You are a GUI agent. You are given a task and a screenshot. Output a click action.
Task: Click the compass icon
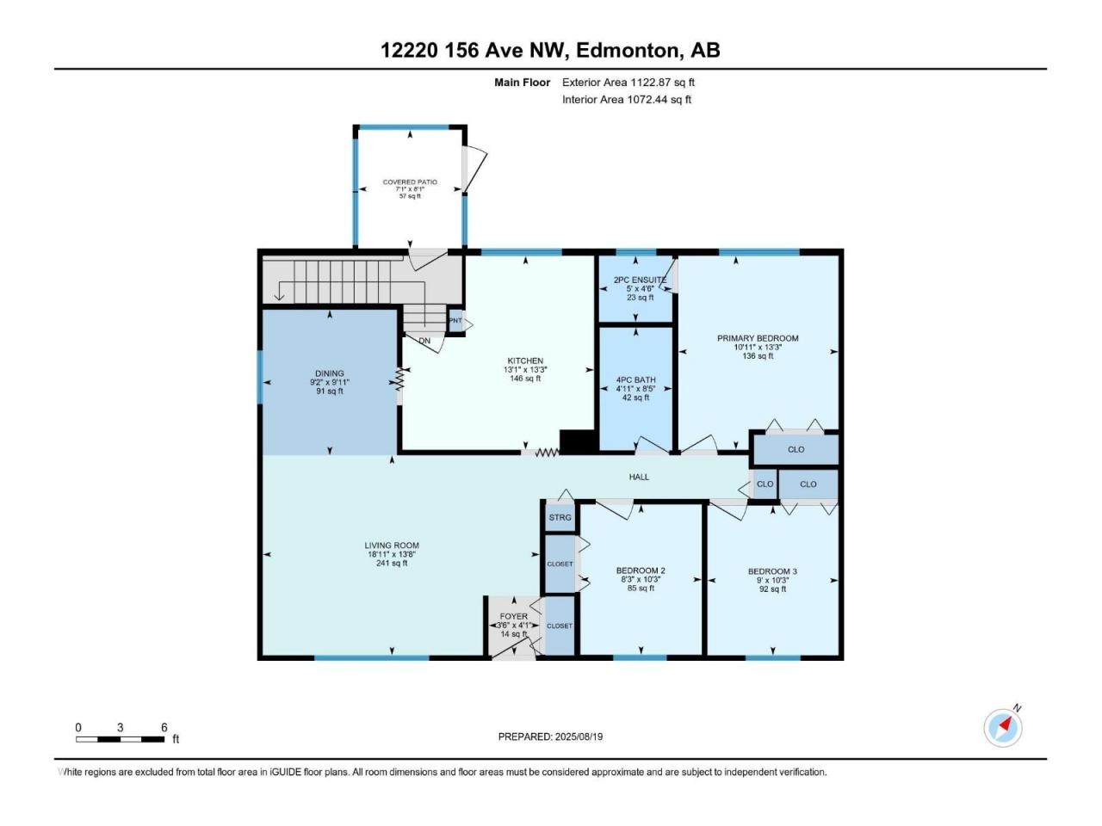[1003, 728]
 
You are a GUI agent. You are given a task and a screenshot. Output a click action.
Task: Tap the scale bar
[120, 739]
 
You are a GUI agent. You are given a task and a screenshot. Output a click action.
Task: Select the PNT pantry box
[455, 320]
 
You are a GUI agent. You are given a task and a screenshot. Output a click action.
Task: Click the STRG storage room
[560, 517]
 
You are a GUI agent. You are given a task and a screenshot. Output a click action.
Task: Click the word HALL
[639, 477]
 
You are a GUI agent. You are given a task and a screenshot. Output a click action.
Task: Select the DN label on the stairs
[424, 341]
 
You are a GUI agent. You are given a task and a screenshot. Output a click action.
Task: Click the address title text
[550, 50]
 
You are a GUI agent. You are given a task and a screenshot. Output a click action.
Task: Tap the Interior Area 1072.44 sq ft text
[627, 99]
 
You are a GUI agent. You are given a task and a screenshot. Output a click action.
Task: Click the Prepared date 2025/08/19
[550, 737]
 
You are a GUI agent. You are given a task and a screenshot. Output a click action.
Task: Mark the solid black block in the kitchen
[579, 441]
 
